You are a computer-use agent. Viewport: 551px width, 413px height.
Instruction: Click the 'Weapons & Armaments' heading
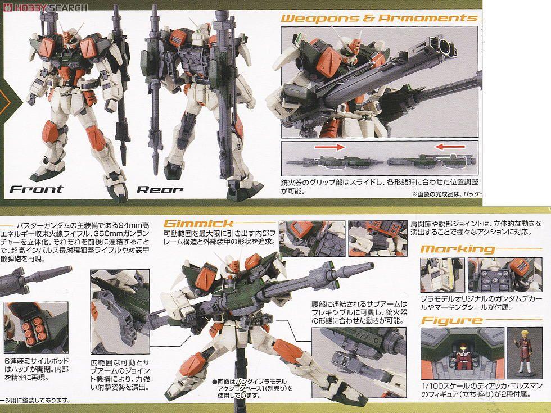(377, 17)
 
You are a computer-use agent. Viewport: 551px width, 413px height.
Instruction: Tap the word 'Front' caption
(37, 189)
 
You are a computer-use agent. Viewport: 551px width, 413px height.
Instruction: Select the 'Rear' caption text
(160, 189)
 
